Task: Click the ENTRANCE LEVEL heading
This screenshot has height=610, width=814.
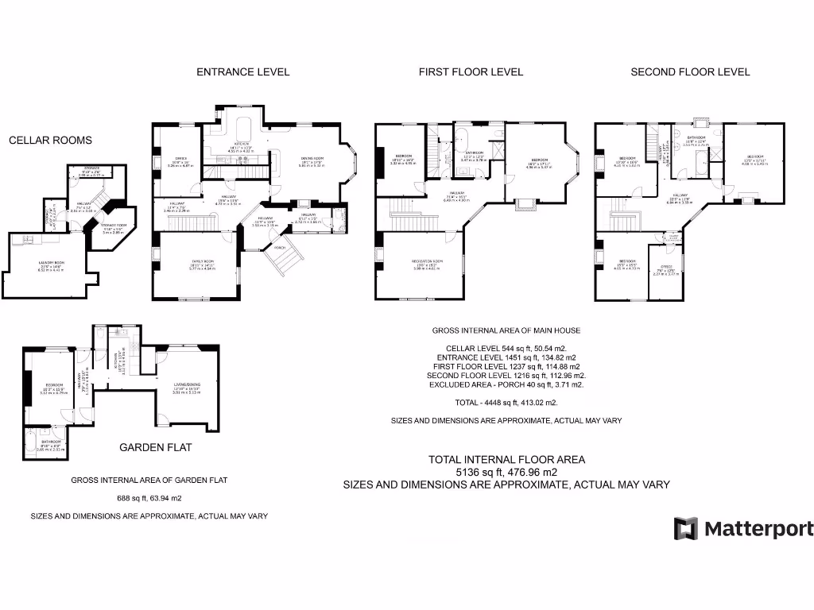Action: tap(242, 71)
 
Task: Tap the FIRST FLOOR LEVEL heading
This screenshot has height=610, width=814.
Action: tap(471, 71)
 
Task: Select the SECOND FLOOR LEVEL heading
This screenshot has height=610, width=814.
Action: tap(690, 71)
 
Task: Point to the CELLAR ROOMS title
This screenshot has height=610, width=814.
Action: tap(50, 141)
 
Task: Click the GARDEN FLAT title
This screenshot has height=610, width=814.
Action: tap(155, 447)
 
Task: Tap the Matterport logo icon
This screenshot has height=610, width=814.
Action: tap(686, 528)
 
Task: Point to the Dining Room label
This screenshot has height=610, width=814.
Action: tap(311, 159)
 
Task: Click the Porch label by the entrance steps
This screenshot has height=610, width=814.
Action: tap(278, 247)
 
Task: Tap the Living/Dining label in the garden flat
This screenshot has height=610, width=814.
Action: tap(186, 384)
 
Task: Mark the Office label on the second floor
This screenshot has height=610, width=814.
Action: tap(666, 267)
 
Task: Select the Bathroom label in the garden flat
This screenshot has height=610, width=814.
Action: tap(51, 442)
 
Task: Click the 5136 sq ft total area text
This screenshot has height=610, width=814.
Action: tap(506, 472)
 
